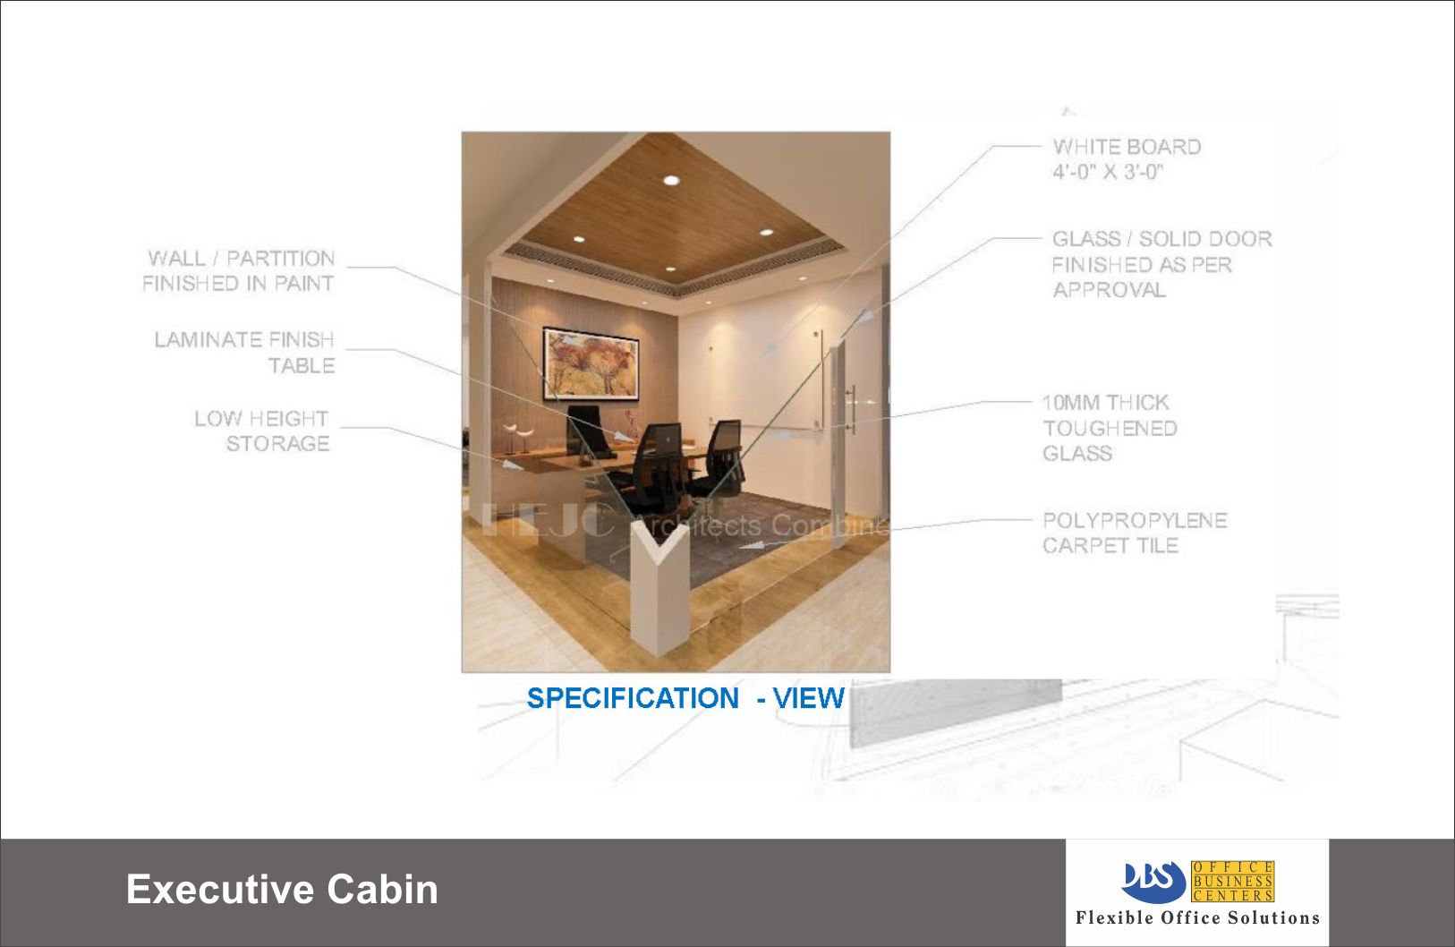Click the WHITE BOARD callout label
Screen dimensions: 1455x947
pyautogui.click(x=1127, y=159)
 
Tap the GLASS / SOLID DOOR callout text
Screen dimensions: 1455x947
pyautogui.click(x=1161, y=264)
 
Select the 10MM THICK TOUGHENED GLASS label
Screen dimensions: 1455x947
pyautogui.click(x=1110, y=428)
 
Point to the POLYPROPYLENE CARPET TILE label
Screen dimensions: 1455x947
pyautogui.click(x=1135, y=533)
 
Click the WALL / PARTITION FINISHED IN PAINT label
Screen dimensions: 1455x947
pyautogui.click(x=238, y=271)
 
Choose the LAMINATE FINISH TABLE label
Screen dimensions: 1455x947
pyautogui.click(x=244, y=353)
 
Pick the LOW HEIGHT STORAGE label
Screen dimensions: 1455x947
pyautogui.click(x=262, y=431)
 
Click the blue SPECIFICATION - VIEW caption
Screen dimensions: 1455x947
pyautogui.click(x=685, y=698)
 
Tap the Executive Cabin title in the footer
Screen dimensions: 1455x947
pyautogui.click(x=282, y=889)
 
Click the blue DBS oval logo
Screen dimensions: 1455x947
pyautogui.click(x=1154, y=882)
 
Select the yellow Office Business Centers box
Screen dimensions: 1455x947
pyautogui.click(x=1232, y=882)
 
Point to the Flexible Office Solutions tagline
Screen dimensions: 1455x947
pyautogui.click(x=1197, y=917)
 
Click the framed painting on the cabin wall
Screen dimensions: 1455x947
pyautogui.click(x=591, y=363)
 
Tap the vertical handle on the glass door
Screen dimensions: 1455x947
pyautogui.click(x=852, y=409)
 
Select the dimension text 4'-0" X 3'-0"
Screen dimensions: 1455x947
pyautogui.click(x=1108, y=173)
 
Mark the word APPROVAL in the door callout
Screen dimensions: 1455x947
pyautogui.click(x=1109, y=290)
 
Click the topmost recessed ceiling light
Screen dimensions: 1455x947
pyautogui.click(x=672, y=180)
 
